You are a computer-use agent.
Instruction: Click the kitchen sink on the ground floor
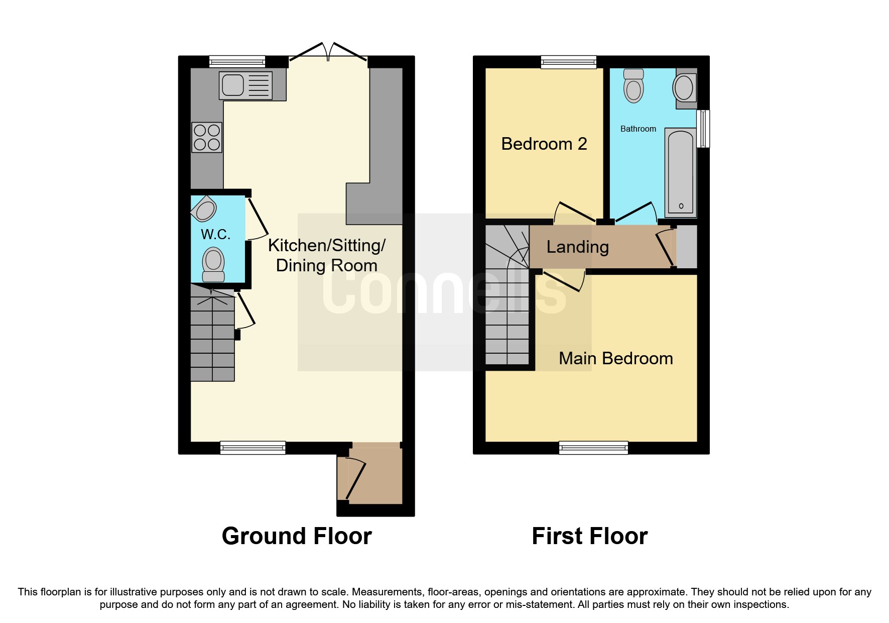click(x=245, y=85)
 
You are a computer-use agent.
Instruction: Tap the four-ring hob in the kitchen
click(x=207, y=137)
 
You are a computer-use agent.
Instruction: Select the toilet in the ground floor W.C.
click(x=213, y=265)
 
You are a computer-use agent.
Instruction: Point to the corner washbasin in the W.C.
click(x=204, y=210)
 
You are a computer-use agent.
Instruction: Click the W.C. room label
click(x=215, y=234)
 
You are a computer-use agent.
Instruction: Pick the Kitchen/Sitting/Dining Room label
click(x=327, y=255)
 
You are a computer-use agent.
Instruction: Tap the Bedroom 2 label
click(x=544, y=144)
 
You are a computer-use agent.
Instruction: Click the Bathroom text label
click(x=638, y=129)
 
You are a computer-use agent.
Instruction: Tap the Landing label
click(x=577, y=247)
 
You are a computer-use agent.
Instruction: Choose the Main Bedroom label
click(x=616, y=358)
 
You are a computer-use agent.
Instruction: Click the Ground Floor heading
click(x=297, y=536)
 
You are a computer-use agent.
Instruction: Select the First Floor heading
click(x=589, y=536)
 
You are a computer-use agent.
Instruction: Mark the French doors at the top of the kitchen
click(x=328, y=54)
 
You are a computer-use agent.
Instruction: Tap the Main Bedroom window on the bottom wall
click(x=593, y=447)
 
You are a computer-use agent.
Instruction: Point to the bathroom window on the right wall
click(x=704, y=129)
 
